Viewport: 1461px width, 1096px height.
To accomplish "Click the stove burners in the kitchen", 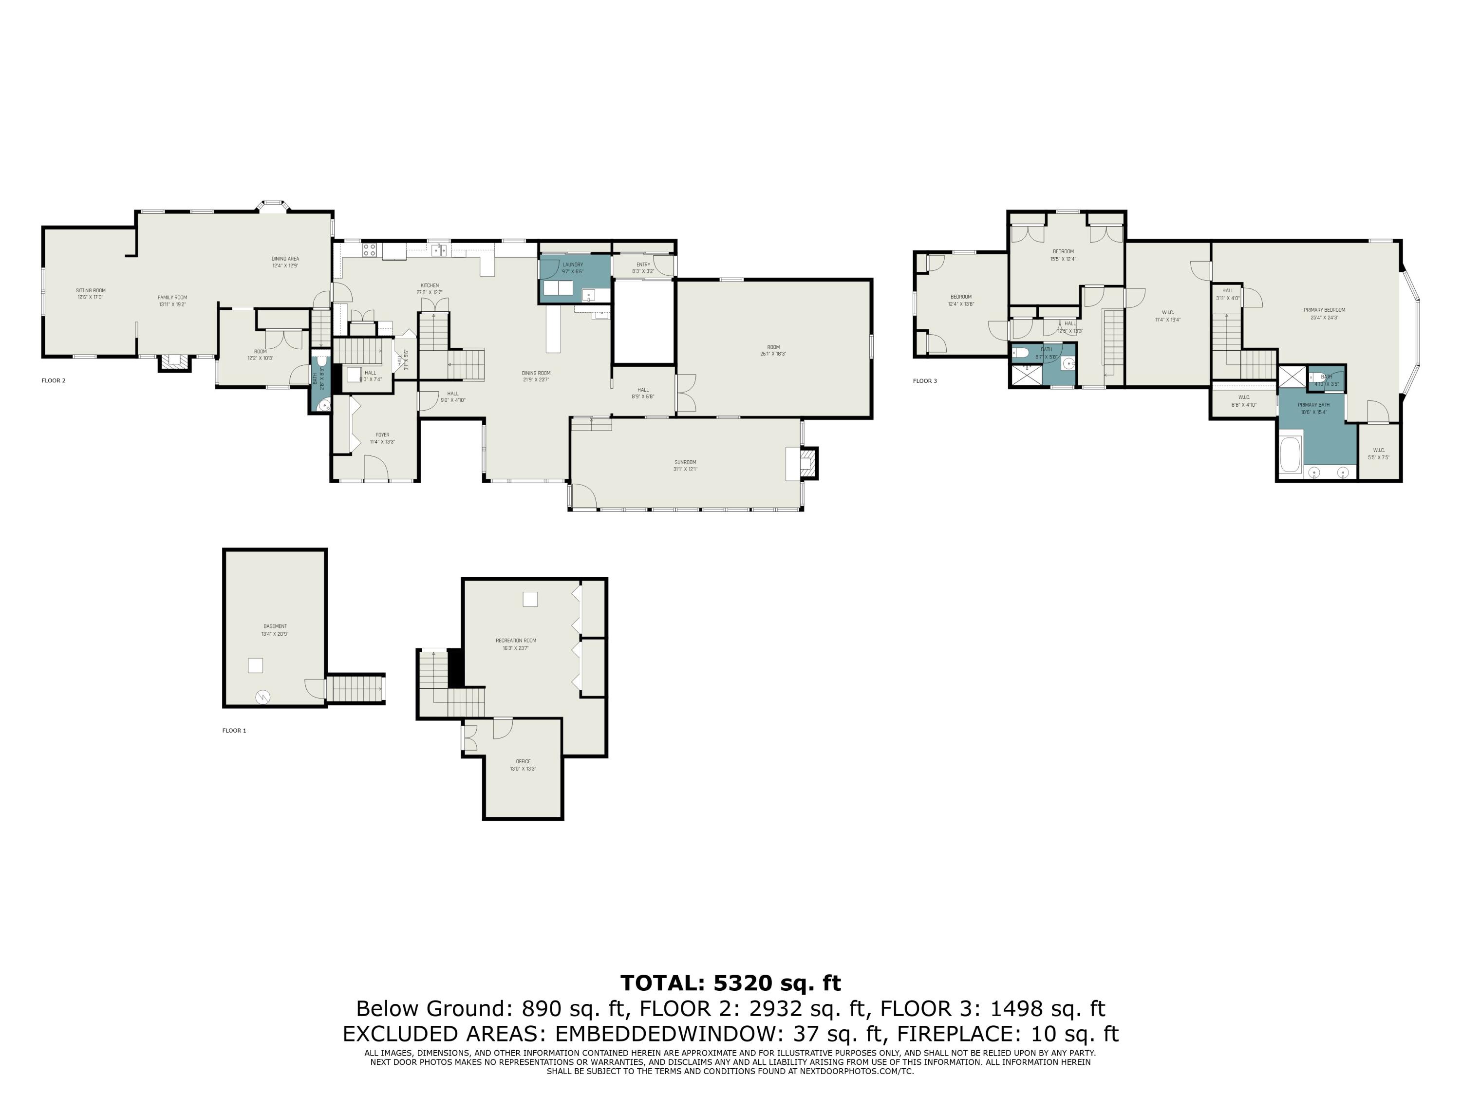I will (369, 250).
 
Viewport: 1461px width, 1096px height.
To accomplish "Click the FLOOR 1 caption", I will (234, 731).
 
